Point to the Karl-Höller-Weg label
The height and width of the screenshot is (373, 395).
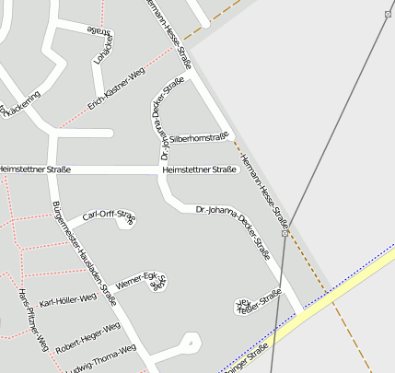click(x=67, y=300)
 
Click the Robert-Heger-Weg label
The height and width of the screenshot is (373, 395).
click(x=87, y=338)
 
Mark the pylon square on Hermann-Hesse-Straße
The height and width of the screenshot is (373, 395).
click(x=285, y=233)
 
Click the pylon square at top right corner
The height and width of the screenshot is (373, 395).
click(x=387, y=14)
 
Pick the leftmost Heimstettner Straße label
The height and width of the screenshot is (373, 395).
click(x=33, y=169)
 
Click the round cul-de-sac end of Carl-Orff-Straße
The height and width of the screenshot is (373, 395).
click(x=128, y=222)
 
